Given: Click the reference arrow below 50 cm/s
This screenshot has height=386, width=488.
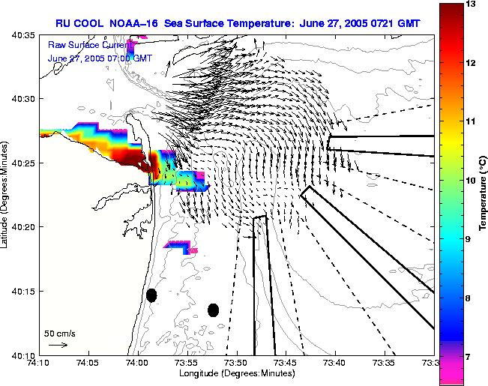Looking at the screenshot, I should coord(58,345).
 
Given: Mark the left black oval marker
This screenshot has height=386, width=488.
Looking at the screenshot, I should coord(151,295).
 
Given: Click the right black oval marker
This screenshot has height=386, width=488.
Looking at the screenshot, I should coord(213,310).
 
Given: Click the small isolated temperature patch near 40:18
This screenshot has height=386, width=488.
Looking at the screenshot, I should coord(180,246).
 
